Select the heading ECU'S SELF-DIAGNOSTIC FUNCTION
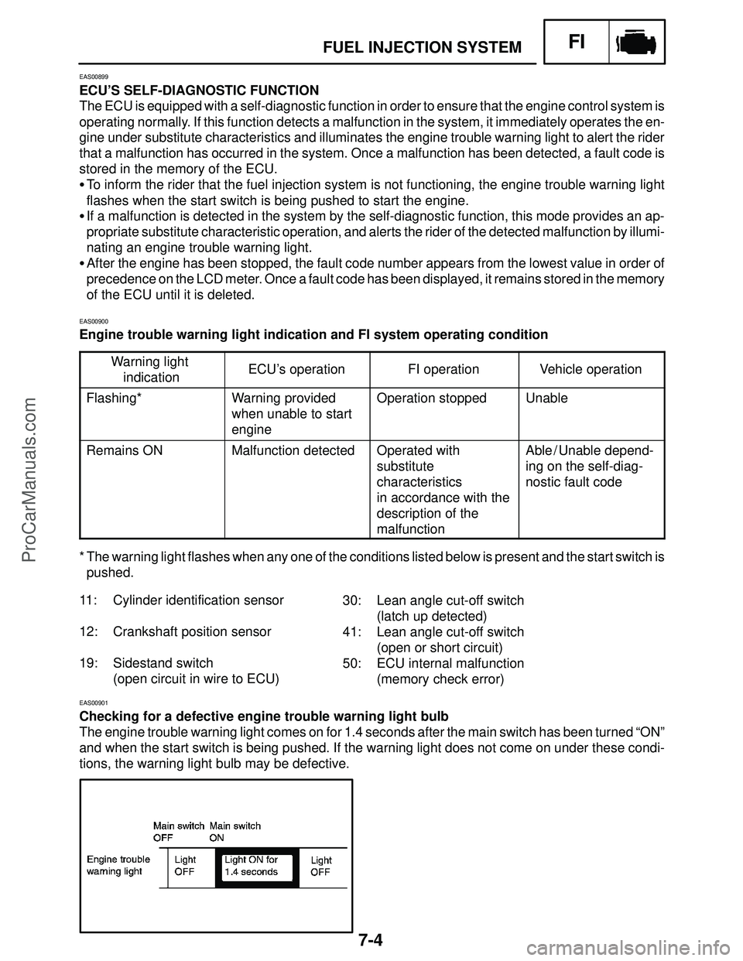[x=199, y=90]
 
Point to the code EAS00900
[x=94, y=320]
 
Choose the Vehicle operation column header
[x=591, y=370]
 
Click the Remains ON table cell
[x=125, y=450]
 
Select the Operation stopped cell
[x=431, y=398]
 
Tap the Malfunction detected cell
[x=293, y=450]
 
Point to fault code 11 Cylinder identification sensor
[x=182, y=600]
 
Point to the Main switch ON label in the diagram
[x=235, y=831]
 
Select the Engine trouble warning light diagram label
[x=118, y=866]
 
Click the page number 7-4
[x=371, y=942]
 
